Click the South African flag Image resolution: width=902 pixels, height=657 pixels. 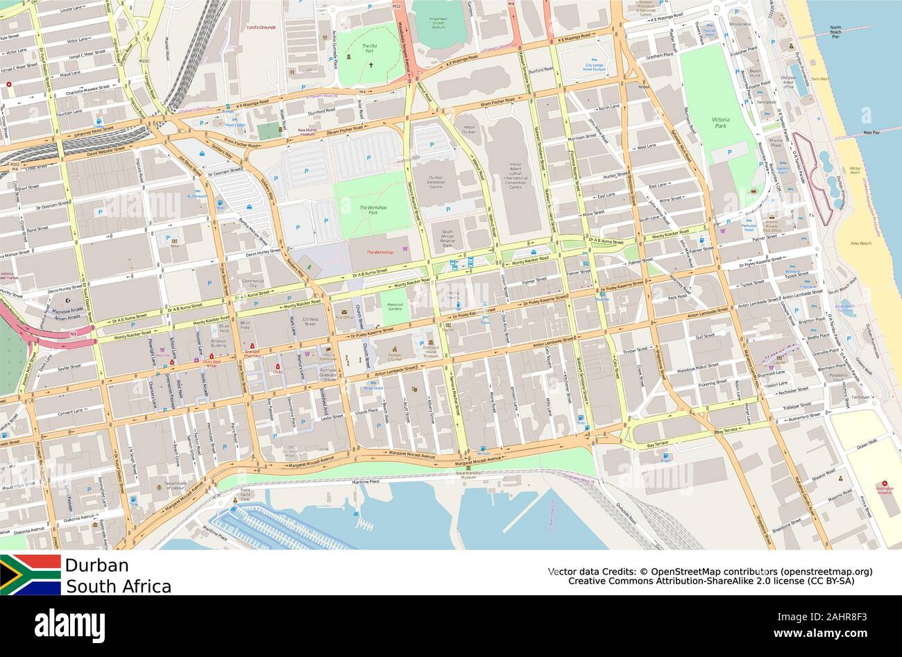tap(31, 574)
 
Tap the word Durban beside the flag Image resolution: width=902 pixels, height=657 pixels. tap(96, 565)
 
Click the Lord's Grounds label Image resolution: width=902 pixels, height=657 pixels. tap(261, 27)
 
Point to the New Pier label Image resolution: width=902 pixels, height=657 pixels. tap(871, 132)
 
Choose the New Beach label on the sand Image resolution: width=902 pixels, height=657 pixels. tap(860, 244)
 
